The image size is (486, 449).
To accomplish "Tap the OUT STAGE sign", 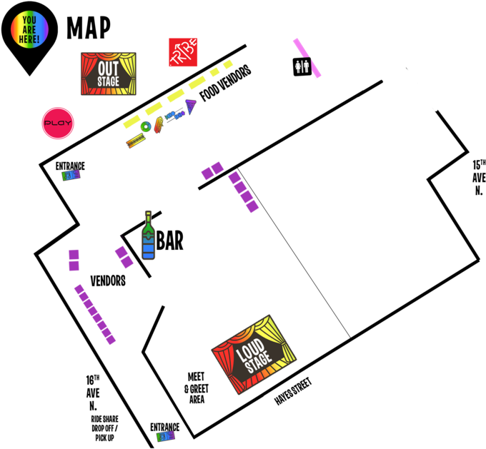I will point(108,74).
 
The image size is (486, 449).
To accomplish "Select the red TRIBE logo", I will point(183,52).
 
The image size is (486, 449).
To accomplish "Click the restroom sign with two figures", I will point(302,67).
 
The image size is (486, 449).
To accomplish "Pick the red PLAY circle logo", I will point(58,123).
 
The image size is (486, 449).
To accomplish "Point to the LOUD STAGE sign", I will point(254,354).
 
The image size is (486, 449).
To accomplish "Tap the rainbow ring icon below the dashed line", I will point(146,126).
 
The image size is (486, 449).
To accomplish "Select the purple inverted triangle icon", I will point(190,106).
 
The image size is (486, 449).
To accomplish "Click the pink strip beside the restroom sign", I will point(307,57).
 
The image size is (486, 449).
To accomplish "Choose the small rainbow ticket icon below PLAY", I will point(70,175).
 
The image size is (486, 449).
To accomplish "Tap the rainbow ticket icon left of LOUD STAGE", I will point(165,435).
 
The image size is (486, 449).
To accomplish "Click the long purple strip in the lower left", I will point(95,314).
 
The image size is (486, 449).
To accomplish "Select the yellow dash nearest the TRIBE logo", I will point(228,64).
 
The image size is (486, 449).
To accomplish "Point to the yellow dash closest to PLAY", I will point(132,121).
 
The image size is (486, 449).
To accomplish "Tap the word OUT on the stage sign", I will point(108,69).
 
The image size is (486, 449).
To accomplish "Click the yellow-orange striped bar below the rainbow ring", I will point(135,141).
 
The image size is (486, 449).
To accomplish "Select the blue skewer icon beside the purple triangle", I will point(174,115).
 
